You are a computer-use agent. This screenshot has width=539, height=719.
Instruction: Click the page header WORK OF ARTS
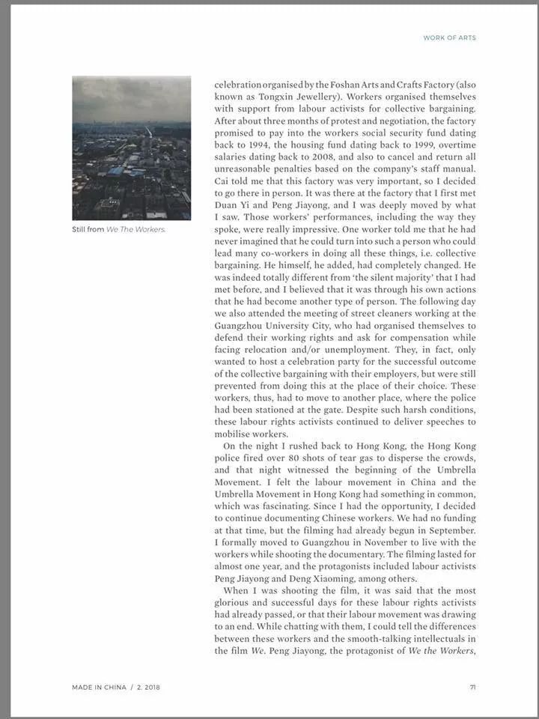point(449,37)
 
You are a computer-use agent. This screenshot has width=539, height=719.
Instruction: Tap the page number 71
point(472,687)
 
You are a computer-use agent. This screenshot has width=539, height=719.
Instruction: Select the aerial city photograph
point(131,148)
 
